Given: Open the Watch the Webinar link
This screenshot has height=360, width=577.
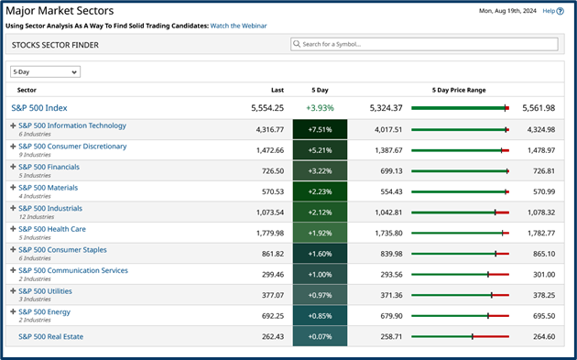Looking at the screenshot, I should coord(238,26).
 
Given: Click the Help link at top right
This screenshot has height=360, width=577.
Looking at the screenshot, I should coord(548,11).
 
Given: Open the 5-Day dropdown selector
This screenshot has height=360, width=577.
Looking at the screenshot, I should coord(45,71).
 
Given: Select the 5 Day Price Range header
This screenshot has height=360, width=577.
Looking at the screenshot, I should coord(459,91).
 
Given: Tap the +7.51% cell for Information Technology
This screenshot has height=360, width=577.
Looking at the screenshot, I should coord(320,129).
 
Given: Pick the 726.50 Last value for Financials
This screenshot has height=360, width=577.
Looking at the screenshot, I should coord(271,170).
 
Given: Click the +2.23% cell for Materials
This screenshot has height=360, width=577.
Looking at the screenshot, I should coord(320,191).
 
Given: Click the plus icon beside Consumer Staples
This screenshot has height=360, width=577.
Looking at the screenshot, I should coord(13,250).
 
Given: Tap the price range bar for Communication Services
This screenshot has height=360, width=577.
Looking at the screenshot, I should coord(460,274).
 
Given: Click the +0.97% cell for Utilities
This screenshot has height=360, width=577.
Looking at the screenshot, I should coord(320,294).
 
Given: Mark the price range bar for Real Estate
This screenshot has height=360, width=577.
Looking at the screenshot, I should coord(460,336).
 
